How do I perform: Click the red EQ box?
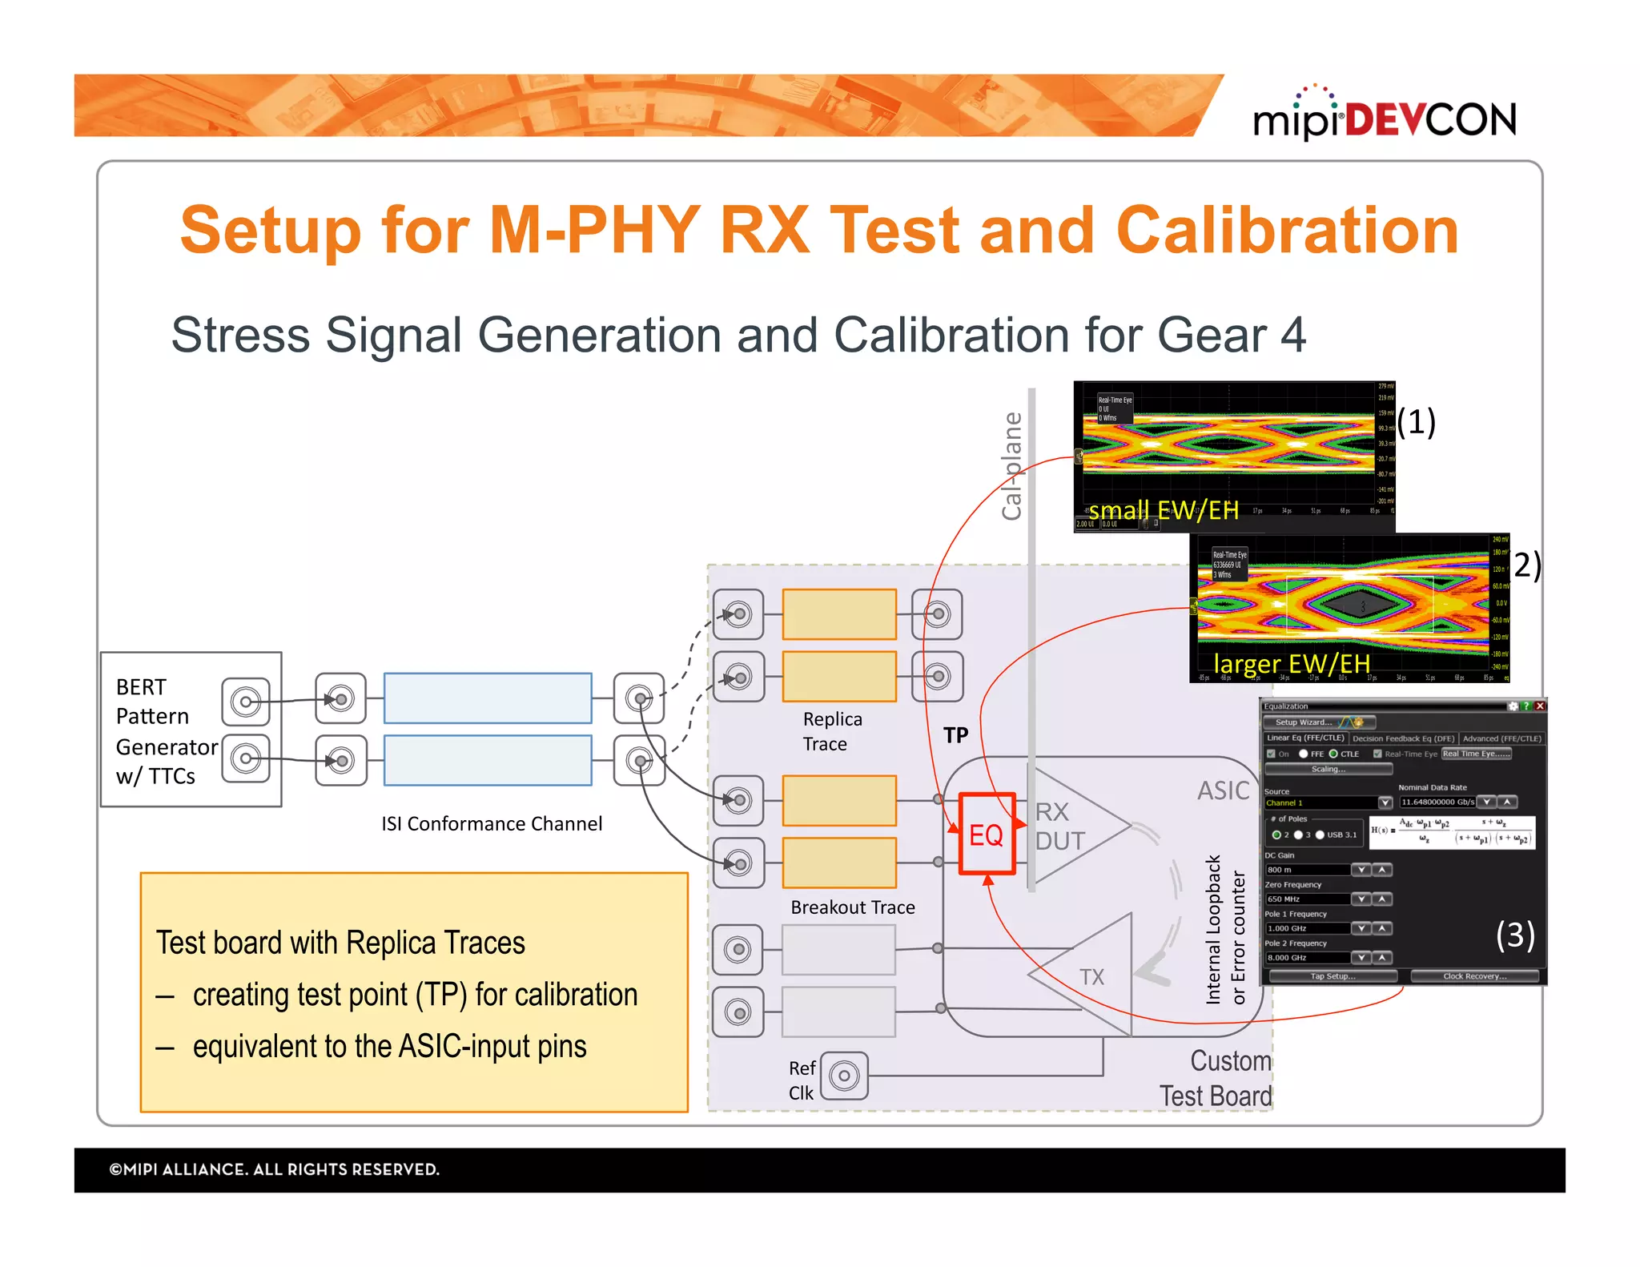[987, 834]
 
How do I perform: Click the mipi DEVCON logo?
[1385, 119]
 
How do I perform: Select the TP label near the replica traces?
[955, 735]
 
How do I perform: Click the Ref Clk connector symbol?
[844, 1076]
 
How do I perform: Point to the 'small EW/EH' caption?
[1163, 510]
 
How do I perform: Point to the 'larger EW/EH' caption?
[1291, 664]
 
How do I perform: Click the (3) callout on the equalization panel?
[1515, 935]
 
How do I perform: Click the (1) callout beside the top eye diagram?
[1416, 422]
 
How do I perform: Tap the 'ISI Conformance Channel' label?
[491, 824]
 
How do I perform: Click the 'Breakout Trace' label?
[852, 907]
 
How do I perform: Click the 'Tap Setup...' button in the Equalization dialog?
[1332, 976]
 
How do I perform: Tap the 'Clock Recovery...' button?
[1474, 976]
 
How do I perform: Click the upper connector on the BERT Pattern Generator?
[246, 702]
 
